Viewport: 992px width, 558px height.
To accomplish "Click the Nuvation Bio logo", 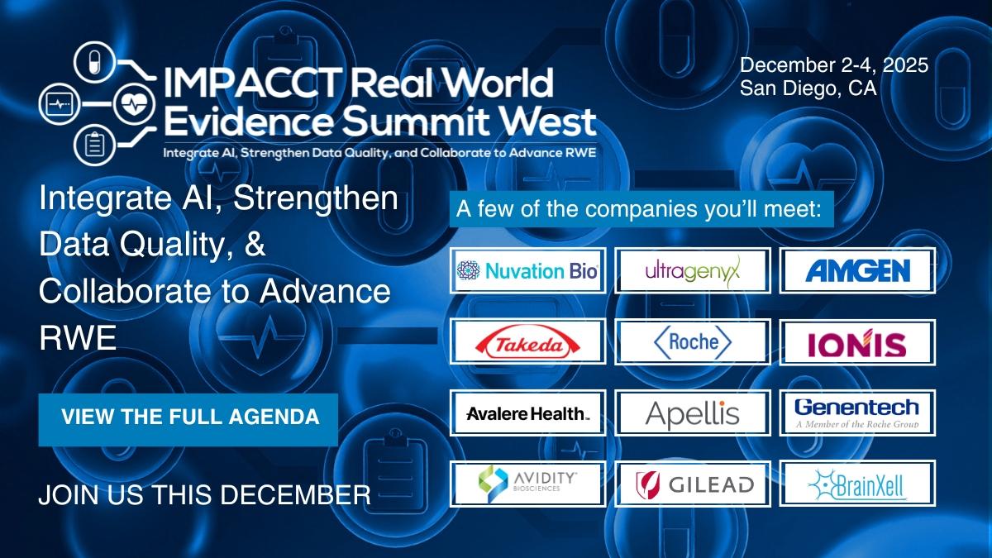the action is [527, 270].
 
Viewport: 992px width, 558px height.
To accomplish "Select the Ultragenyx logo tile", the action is [693, 270].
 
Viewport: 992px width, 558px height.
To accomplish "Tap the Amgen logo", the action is [857, 270].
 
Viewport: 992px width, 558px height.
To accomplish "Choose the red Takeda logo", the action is [527, 341].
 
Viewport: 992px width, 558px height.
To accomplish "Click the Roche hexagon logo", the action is [693, 341].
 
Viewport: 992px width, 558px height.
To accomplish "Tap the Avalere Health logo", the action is [527, 413].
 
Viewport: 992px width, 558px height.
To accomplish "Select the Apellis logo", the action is [693, 413].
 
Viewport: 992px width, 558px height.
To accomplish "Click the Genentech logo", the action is [857, 413].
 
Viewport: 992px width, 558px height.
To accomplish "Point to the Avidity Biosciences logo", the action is [527, 484].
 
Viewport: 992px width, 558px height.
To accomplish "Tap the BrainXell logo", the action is [857, 484].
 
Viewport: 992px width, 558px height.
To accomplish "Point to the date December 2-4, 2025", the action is [834, 65].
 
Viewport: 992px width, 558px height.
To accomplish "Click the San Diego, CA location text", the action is [808, 88].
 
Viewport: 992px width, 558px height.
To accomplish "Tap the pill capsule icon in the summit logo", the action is [94, 62].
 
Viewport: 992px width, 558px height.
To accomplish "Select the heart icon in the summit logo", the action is [134, 104].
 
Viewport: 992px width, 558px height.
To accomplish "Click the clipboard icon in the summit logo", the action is [94, 145].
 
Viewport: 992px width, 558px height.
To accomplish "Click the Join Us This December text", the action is [205, 494].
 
